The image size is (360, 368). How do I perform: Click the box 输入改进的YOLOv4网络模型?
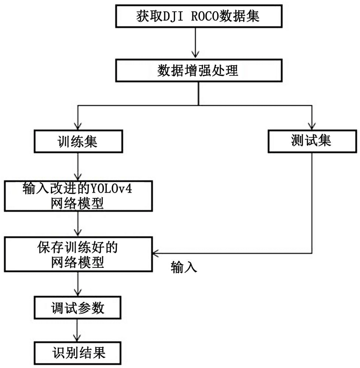78,196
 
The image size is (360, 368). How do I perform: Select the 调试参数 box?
77,308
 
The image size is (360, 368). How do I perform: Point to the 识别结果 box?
77,352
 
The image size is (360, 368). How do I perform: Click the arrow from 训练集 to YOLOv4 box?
78,166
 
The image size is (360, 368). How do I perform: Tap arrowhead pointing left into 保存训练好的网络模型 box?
156,253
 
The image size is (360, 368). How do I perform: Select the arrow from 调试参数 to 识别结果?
78,330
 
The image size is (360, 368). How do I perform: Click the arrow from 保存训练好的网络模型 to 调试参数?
78,284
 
